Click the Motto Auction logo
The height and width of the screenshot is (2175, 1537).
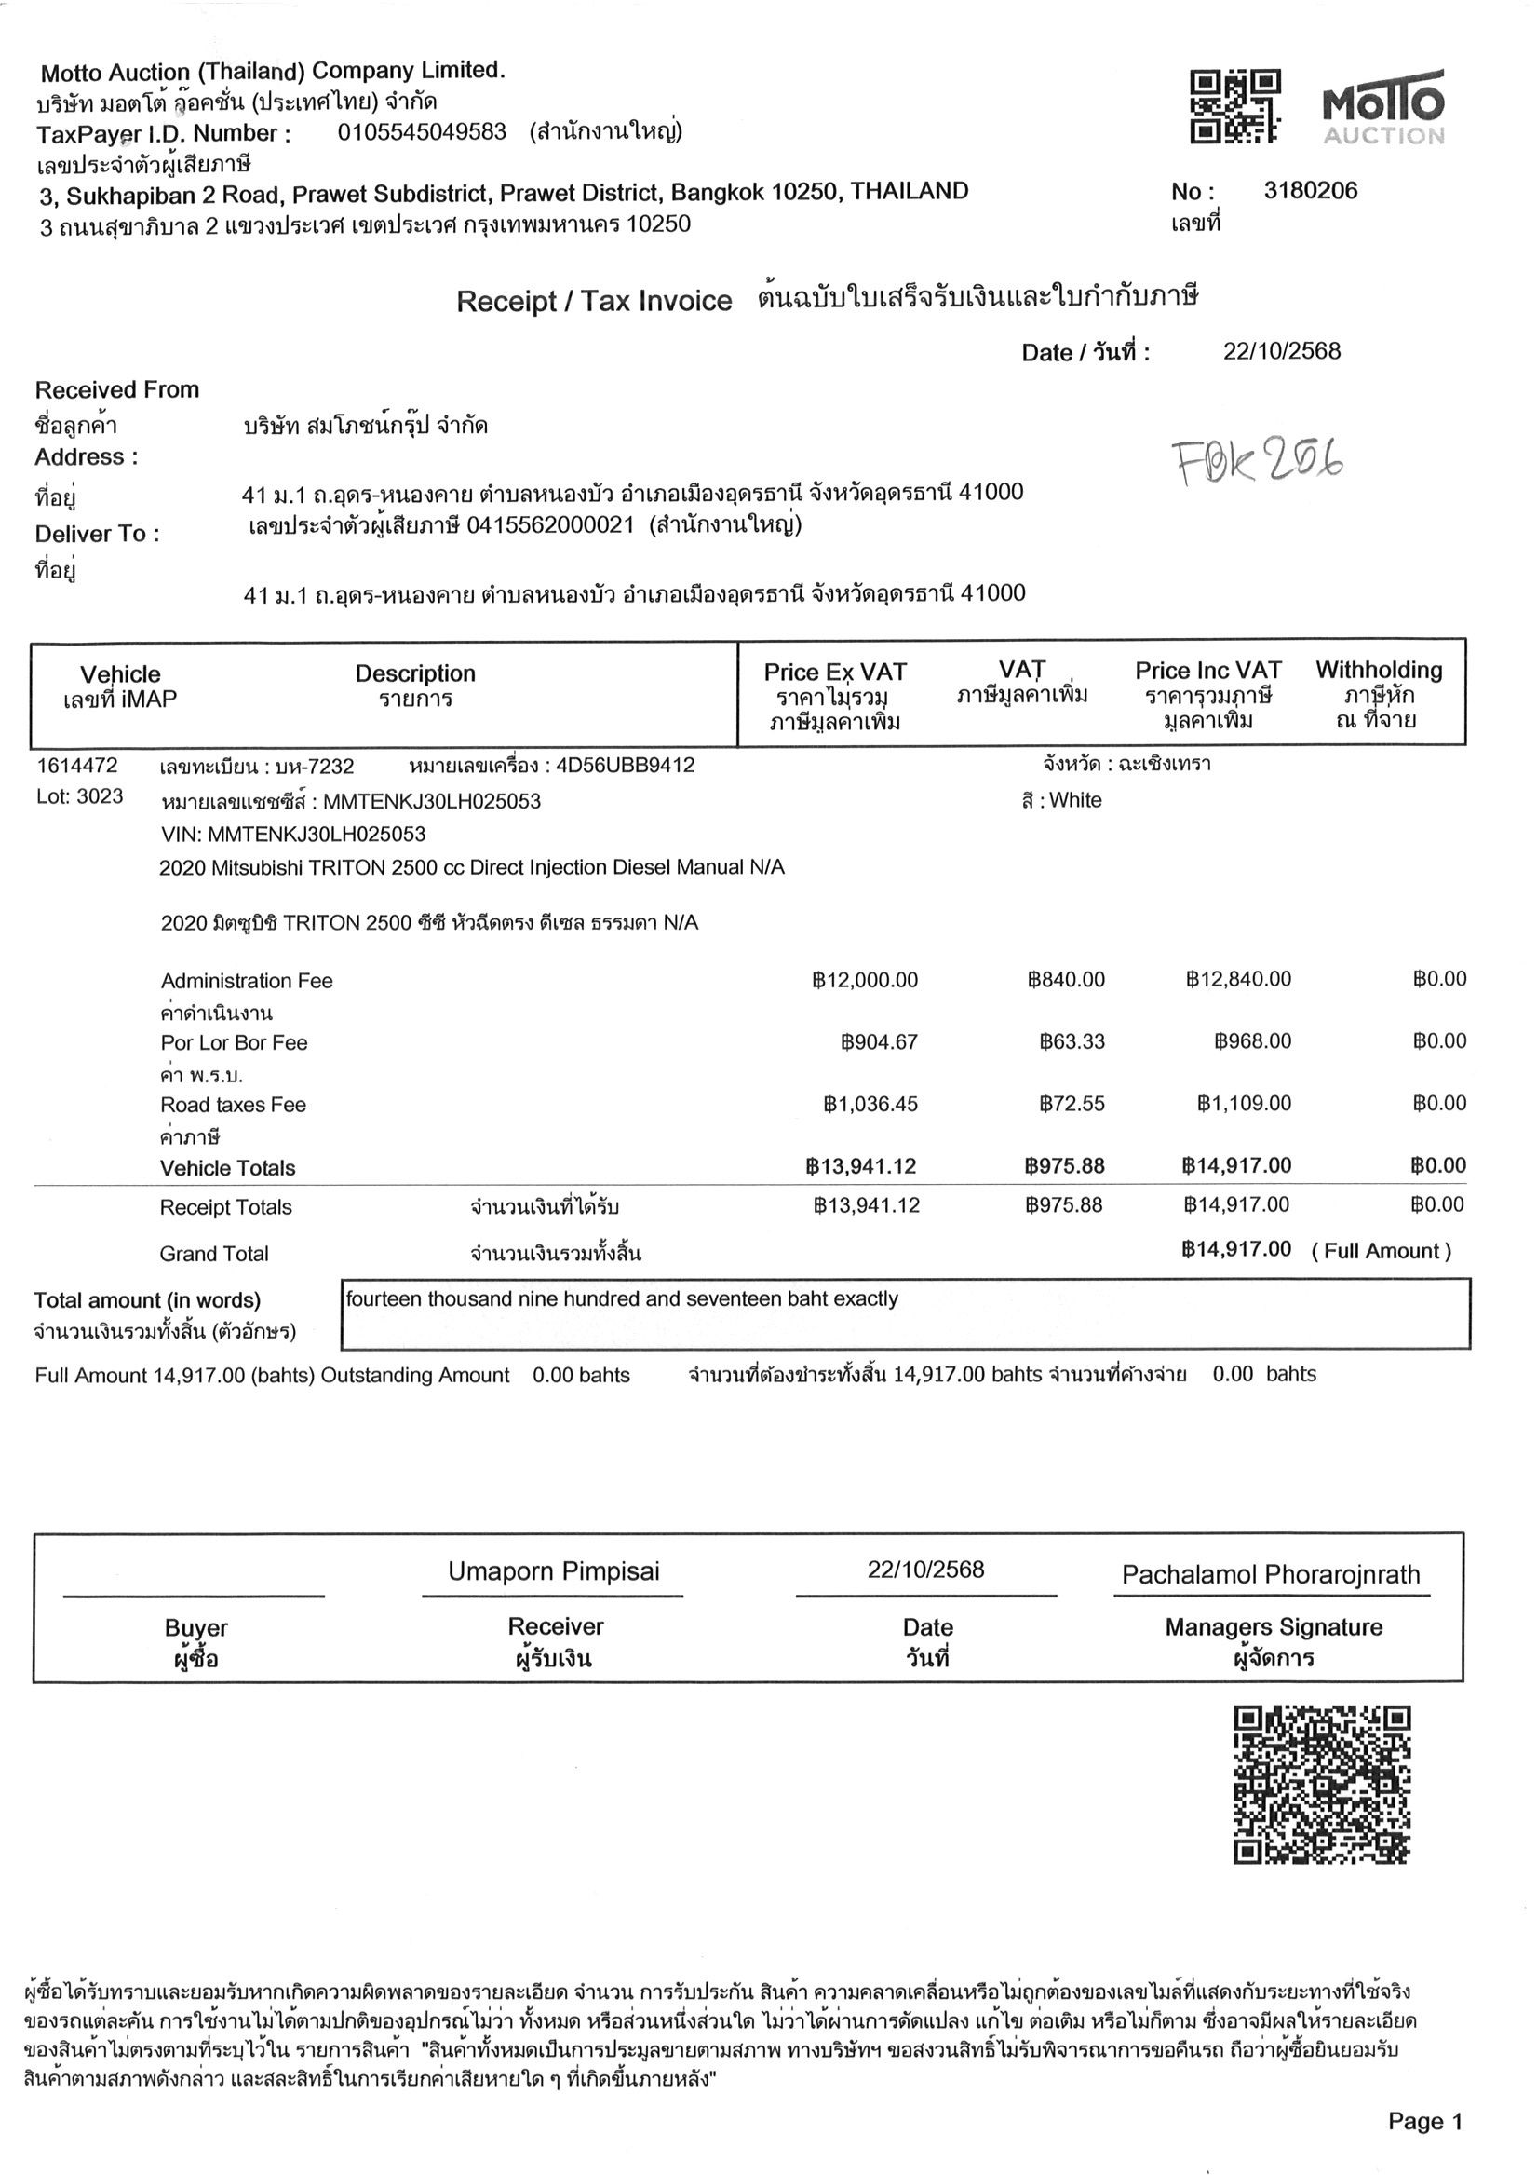point(1382,106)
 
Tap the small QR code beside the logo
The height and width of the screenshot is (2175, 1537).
point(1234,106)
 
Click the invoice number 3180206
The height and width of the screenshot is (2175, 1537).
point(1310,191)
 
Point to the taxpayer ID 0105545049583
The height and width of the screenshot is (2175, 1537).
point(422,131)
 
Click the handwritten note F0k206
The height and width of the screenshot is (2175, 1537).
point(1258,461)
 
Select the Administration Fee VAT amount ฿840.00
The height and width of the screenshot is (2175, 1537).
point(1065,980)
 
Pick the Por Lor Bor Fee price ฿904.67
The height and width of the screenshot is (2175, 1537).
point(879,1042)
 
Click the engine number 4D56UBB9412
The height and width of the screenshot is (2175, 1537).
point(625,766)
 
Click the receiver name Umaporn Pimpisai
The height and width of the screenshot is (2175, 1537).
point(553,1571)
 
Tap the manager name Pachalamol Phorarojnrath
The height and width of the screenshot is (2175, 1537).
point(1270,1574)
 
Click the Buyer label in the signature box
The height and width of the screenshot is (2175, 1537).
point(196,1627)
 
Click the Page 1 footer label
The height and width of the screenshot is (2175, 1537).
point(1424,2122)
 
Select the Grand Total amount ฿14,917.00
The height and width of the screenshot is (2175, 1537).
point(1236,1249)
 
